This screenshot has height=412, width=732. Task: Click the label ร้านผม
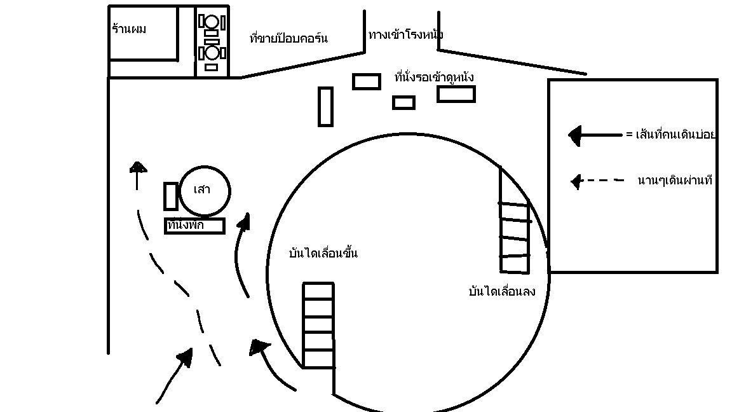tap(129, 29)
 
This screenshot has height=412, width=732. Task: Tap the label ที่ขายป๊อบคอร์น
tap(289, 38)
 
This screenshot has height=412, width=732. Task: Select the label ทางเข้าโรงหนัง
tap(405, 34)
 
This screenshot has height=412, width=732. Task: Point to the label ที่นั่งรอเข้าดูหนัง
tap(434, 77)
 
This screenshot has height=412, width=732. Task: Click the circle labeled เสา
tap(204, 191)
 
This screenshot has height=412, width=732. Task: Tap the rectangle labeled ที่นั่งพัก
tap(194, 226)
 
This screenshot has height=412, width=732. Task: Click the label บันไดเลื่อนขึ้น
tap(323, 253)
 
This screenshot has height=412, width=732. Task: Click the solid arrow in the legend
tap(595, 135)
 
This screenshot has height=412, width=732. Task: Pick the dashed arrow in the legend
tap(597, 181)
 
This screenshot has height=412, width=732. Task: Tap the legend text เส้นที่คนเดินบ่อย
tap(671, 135)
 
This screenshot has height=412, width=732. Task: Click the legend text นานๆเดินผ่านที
tap(674, 181)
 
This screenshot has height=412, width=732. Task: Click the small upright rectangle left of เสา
tap(170, 196)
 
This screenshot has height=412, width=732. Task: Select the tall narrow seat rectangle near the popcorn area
tap(325, 106)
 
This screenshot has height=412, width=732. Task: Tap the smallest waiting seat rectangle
tap(403, 102)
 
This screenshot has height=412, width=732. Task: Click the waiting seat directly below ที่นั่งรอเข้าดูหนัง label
tap(456, 94)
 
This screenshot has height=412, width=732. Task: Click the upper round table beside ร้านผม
tap(211, 23)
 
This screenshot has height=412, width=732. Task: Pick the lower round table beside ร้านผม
tap(211, 53)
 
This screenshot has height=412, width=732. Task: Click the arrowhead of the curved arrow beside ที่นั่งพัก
tap(243, 222)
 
